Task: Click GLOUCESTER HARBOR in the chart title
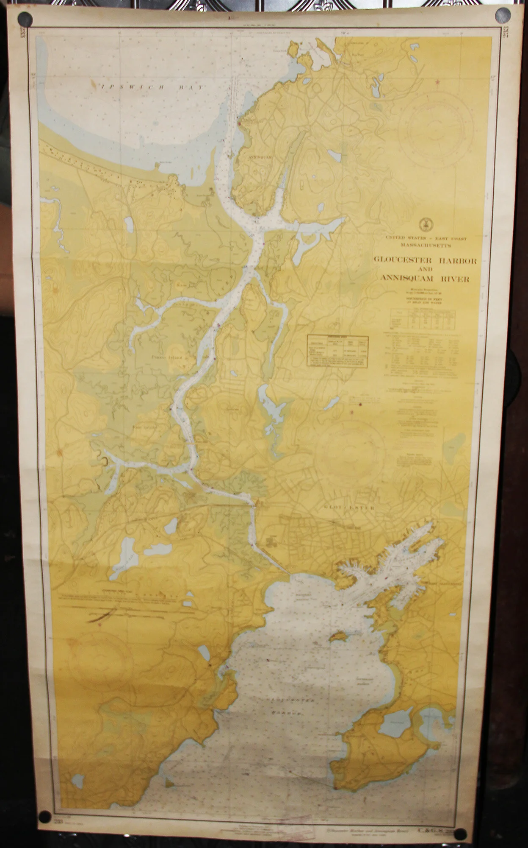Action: (425, 260)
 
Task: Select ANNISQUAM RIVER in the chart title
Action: (425, 279)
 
